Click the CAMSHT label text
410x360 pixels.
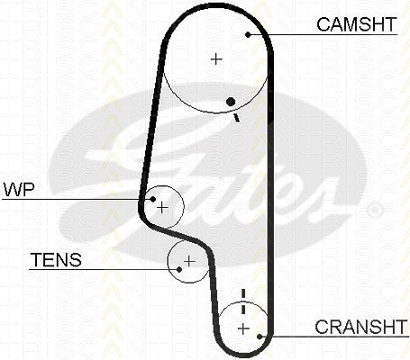[357, 24]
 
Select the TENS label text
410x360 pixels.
[56, 260]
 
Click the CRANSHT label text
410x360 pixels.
[360, 327]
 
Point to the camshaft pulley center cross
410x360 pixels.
[216, 58]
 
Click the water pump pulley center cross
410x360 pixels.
[162, 208]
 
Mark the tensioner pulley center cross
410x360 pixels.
[189, 261]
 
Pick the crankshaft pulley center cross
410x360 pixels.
[243, 329]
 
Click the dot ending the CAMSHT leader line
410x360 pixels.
[248, 35]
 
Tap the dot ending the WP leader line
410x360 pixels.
[153, 199]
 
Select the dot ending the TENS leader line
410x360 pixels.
[179, 269]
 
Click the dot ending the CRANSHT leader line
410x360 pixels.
[260, 337]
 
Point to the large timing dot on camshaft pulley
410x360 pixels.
[231, 102]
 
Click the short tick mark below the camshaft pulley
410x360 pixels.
[237, 118]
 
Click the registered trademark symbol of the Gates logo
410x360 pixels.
[375, 211]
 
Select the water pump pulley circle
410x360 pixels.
[183, 207]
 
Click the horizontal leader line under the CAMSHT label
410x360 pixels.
[323, 35]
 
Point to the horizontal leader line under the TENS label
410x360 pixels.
[104, 269]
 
